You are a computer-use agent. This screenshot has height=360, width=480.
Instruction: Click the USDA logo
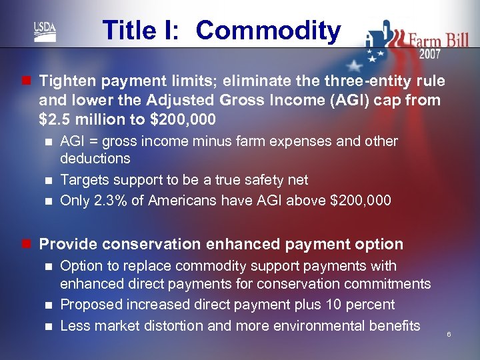pyautogui.click(x=45, y=31)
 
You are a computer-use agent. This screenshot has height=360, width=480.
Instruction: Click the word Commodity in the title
pyautogui.click(x=268, y=31)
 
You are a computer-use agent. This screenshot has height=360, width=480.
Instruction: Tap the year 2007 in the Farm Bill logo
pyautogui.click(x=430, y=54)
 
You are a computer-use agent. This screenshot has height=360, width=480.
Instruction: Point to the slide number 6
pyautogui.click(x=449, y=334)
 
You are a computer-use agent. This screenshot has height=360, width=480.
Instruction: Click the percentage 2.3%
pyautogui.click(x=130, y=201)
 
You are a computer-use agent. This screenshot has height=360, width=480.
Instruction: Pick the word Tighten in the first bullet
pyautogui.click(x=65, y=81)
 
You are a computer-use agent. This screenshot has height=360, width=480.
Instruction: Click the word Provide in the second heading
pyautogui.click(x=65, y=244)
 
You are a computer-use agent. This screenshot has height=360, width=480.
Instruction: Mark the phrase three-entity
pyautogui.click(x=351, y=81)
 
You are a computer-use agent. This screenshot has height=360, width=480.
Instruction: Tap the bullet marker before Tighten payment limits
pyautogui.click(x=25, y=81)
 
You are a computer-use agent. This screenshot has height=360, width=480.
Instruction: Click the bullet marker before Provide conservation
pyautogui.click(x=25, y=245)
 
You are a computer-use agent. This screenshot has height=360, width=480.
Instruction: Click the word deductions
pyautogui.click(x=95, y=159)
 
